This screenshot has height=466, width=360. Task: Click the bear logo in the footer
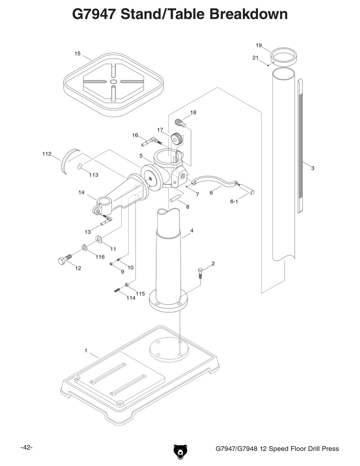click(x=180, y=451)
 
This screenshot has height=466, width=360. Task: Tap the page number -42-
click(x=27, y=447)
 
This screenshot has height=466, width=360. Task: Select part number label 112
click(x=47, y=154)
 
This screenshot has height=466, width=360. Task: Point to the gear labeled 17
click(x=177, y=139)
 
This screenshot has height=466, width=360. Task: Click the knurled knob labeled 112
click(x=70, y=162)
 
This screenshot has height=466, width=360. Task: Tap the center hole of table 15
click(x=113, y=82)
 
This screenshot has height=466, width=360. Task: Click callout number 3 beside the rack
click(x=313, y=168)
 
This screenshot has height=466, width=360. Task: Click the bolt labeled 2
click(x=201, y=272)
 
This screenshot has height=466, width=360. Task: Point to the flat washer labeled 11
click(x=100, y=239)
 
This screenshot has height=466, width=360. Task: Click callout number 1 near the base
click(x=86, y=351)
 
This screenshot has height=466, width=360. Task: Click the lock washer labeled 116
click(x=84, y=248)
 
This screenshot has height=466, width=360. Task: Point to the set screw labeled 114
click(x=117, y=290)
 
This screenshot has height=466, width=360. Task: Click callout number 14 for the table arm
click(x=81, y=192)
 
